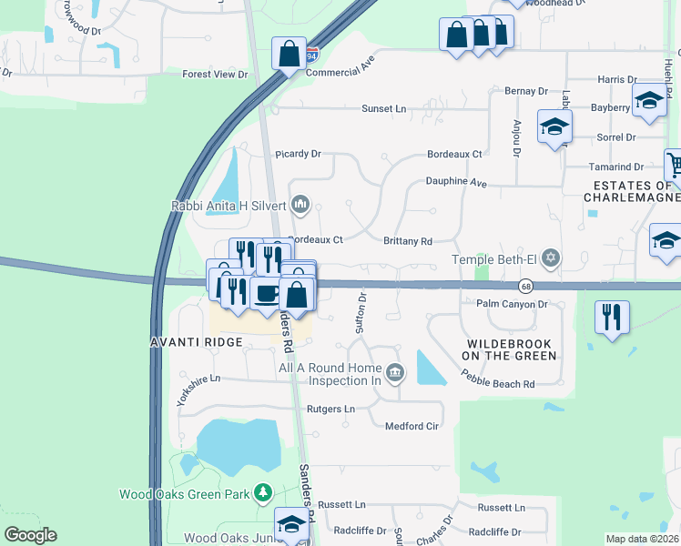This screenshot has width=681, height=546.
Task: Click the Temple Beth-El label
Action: click(493, 260)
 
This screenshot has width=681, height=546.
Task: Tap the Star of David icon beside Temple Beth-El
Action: click(549, 260)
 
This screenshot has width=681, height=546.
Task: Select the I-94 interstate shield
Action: click(312, 54)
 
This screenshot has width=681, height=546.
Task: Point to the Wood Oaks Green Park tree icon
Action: click(263, 493)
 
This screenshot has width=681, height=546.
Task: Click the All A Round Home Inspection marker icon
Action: click(395, 371)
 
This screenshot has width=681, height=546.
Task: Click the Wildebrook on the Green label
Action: click(510, 349)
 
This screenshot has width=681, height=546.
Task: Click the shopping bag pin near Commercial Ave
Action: click(289, 54)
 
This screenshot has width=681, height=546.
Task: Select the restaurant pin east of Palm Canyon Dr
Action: click(611, 318)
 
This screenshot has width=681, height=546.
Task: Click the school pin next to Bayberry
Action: click(648, 101)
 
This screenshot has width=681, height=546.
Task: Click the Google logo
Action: click(30, 535)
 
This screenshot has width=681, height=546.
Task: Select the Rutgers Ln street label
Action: click(330, 409)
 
